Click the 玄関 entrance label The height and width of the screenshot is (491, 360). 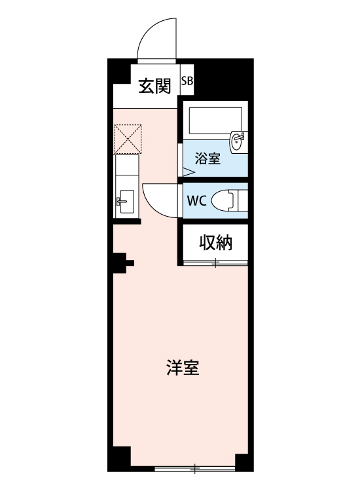(x=154, y=85)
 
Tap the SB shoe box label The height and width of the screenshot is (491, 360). (x=187, y=82)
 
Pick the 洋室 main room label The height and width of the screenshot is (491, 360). (x=183, y=368)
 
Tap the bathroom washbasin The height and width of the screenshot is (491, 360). (x=238, y=141)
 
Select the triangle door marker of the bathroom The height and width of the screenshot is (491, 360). (x=187, y=172)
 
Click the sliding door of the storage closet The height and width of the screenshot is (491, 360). (x=215, y=262)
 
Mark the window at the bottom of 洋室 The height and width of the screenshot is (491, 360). (x=194, y=469)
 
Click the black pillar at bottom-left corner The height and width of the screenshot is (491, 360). (x=120, y=460)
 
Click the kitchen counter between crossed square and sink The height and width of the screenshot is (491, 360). (x=125, y=172)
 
